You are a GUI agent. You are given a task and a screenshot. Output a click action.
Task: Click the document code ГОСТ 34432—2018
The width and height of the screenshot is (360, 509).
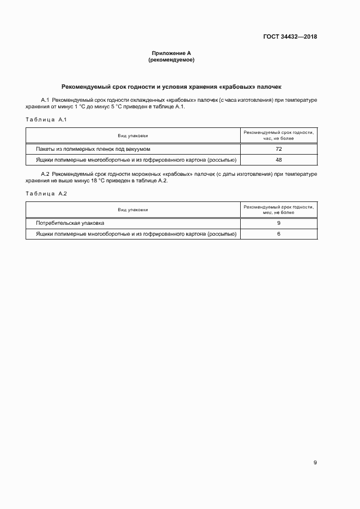tap(290, 37)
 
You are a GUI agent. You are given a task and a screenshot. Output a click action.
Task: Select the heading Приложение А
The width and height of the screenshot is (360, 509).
tap(171, 53)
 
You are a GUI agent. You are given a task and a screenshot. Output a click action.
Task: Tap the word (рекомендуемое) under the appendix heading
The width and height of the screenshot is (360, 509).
tap(171, 60)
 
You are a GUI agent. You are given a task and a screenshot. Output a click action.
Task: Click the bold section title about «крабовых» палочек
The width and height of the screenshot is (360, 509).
tap(171, 87)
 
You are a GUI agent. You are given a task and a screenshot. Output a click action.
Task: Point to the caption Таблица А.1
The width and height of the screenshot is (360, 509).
tap(46, 119)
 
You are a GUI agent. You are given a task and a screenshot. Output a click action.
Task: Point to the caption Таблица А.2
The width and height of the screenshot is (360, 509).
tap(46, 194)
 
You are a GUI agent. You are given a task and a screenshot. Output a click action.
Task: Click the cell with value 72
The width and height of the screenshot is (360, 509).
tap(278, 149)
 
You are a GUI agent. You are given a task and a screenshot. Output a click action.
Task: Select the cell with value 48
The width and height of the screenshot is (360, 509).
tap(278, 160)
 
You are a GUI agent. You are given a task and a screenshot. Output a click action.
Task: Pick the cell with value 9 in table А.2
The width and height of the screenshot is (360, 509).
tap(278, 223)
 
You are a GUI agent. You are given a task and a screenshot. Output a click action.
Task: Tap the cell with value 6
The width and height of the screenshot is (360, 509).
tap(278, 234)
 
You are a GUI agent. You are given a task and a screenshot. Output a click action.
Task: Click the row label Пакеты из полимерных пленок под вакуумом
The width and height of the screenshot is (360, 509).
tap(93, 149)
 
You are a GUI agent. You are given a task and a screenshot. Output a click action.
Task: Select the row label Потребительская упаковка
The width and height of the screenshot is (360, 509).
tap(70, 223)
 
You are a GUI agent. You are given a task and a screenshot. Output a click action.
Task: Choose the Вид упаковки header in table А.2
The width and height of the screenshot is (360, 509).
tap(133, 210)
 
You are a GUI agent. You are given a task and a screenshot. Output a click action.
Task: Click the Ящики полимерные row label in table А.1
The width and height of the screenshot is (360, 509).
tap(136, 160)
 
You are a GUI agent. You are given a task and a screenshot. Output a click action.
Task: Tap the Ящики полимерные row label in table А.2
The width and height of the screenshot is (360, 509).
tap(136, 234)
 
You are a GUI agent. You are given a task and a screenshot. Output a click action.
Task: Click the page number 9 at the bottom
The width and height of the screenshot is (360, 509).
tap(315, 462)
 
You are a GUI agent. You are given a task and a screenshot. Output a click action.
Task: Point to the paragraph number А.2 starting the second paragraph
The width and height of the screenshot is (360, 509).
tap(46, 174)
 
